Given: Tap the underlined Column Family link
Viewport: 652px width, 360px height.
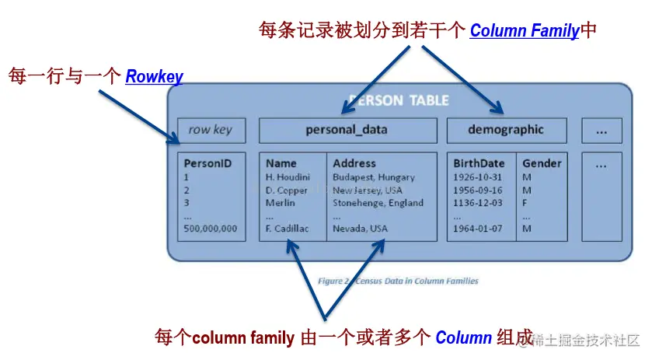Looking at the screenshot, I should (525, 31).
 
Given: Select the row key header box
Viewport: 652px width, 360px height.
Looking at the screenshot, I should (211, 130).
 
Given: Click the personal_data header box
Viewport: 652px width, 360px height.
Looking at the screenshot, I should (347, 130).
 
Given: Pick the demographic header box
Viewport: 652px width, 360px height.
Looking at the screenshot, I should (506, 130).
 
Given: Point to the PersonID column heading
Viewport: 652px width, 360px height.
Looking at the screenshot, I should (207, 163).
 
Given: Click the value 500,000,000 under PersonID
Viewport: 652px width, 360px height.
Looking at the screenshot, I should (210, 229).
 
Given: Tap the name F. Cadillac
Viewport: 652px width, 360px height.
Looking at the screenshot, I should (288, 229).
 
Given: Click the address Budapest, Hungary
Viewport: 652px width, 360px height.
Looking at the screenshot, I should (374, 177).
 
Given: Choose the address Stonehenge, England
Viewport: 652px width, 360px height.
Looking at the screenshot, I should (378, 203).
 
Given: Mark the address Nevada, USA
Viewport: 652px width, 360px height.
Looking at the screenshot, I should (360, 229).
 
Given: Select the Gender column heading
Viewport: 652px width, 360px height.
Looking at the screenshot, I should (542, 163).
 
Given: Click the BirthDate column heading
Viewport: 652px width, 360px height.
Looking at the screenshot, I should (479, 163).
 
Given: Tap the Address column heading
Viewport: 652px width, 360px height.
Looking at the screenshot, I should (354, 163).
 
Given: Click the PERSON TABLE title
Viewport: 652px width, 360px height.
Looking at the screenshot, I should (399, 100).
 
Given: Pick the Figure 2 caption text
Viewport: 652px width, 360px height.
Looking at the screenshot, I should (398, 281).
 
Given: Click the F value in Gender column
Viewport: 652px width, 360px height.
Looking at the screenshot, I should (526, 203).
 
